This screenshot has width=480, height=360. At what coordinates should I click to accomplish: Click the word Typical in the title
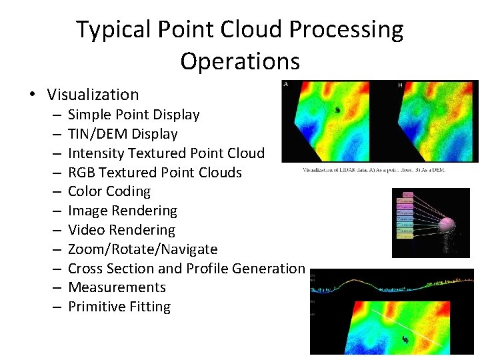tap(115, 30)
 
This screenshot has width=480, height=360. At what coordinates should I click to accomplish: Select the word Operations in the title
tap(239, 61)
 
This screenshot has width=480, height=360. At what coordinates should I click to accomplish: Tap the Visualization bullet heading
tap(93, 95)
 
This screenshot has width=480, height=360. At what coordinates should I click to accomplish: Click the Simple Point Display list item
tap(133, 115)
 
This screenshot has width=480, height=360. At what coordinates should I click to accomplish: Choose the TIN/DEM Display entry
tap(123, 134)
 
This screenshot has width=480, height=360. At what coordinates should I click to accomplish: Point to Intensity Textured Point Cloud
tap(166, 153)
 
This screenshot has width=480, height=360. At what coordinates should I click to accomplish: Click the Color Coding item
tap(109, 191)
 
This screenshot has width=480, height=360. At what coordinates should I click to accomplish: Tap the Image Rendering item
tap(123, 211)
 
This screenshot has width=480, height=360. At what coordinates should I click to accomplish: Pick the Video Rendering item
tap(121, 230)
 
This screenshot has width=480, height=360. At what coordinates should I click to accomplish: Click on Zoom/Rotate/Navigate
tap(143, 249)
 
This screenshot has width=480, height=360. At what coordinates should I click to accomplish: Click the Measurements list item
tap(117, 287)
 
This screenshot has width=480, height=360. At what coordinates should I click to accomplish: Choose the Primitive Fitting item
tap(119, 307)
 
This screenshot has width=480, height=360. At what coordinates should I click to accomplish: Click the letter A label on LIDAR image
tap(286, 85)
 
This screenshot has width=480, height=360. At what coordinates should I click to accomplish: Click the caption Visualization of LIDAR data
tap(373, 170)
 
